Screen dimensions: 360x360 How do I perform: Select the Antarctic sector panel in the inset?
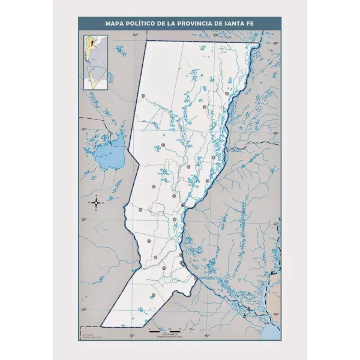click(x=95, y=77)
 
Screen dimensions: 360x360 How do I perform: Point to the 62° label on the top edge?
click(x=136, y=35)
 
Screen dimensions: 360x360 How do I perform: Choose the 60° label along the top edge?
click(x=215, y=35)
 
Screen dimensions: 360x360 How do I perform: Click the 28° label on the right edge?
click(x=276, y=44)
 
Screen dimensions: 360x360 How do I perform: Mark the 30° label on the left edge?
click(x=85, y=129)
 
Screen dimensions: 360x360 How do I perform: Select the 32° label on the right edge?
click(x=276, y=224)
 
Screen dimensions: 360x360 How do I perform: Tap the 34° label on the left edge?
click(x=85, y=310)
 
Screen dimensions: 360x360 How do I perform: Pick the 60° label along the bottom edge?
click(x=206, y=335)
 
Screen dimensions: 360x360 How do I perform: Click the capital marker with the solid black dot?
click(x=183, y=205)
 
